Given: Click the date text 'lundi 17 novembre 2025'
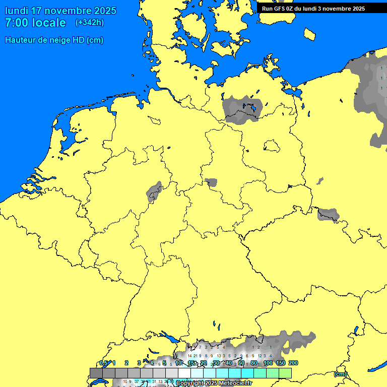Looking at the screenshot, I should pyautogui.click(x=60, y=11).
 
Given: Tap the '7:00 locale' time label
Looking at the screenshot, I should pyautogui.click(x=35, y=23).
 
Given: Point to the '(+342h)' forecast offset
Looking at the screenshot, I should pyautogui.click(x=90, y=23).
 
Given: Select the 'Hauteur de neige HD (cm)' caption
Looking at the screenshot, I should pyautogui.click(x=54, y=40).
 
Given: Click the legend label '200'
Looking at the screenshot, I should pyautogui.click(x=293, y=363).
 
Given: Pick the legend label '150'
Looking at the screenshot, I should pyautogui.click(x=281, y=363).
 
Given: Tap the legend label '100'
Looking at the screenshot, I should pyautogui.click(x=268, y=363).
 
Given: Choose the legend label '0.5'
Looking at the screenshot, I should pyautogui.click(x=104, y=363).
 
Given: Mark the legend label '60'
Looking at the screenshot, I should pyautogui.click(x=241, y=363).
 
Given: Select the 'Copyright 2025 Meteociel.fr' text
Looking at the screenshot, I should pyautogui.click(x=214, y=383).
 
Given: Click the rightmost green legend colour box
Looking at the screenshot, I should pyautogui.click(x=285, y=373).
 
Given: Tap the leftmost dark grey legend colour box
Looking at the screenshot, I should pyautogui.click(x=96, y=373).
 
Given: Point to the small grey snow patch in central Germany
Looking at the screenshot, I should pyautogui.click(x=211, y=182).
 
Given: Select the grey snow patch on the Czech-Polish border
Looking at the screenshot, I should pyautogui.click(x=328, y=214).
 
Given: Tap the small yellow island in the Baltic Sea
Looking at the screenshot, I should pyautogui.click(x=310, y=34).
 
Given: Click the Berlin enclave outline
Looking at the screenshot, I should pyautogui.click(x=272, y=146).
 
